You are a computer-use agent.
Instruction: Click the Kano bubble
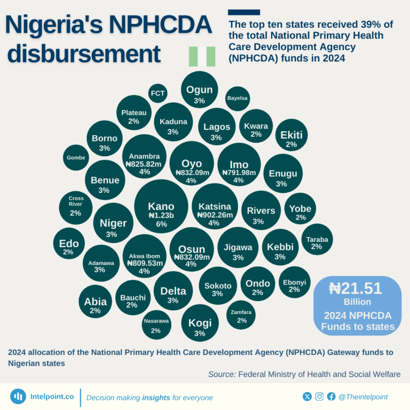(161, 207)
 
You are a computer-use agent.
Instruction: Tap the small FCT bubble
(157, 93)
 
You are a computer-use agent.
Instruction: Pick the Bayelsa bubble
(237, 98)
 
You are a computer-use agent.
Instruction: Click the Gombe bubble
(76, 157)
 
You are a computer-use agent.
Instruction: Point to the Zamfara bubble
(241, 315)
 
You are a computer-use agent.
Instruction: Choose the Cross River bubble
(76, 206)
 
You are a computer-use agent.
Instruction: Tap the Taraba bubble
(317, 239)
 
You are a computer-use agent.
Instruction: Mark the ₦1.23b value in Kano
(161, 216)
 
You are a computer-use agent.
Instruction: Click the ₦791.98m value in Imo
(239, 172)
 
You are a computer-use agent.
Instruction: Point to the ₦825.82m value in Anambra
(144, 164)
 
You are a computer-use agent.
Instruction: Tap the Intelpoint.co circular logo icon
(18, 397)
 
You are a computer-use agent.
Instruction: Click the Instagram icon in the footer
(319, 397)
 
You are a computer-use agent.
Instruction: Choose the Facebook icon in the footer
(331, 397)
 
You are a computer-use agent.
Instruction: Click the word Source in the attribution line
(222, 374)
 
